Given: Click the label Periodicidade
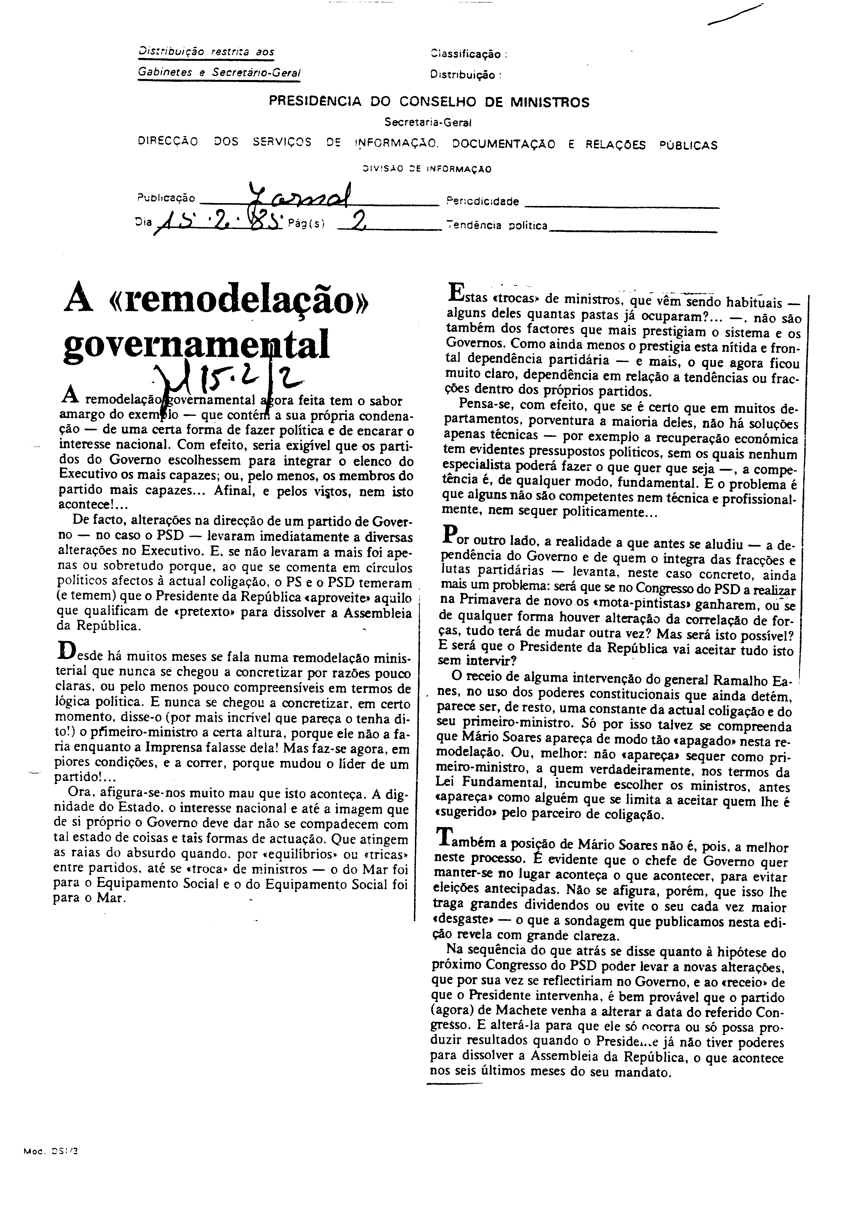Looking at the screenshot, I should tap(482, 201).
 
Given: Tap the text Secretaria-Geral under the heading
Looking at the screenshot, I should tap(428, 122).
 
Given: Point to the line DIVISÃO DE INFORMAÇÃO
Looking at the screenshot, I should tap(427, 169).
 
